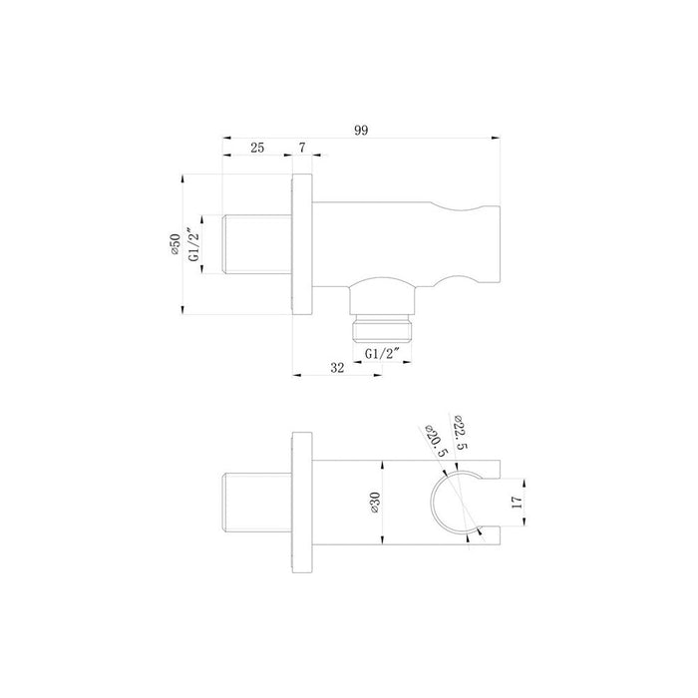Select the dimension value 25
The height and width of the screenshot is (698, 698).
pyautogui.click(x=257, y=148)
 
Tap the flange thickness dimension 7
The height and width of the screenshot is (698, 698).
pyautogui.click(x=302, y=148)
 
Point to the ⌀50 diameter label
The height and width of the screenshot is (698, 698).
pyautogui.click(x=174, y=246)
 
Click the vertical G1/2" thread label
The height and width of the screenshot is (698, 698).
pyautogui.click(x=195, y=246)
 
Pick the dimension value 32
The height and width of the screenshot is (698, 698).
pyautogui.click(x=336, y=368)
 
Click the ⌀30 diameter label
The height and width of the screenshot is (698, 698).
pyautogui.click(x=373, y=502)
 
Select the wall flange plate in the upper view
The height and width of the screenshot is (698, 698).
pyautogui.click(x=303, y=246)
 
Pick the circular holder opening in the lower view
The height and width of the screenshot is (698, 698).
pyautogui.click(x=454, y=503)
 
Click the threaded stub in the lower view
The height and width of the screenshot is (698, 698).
pyautogui.click(x=256, y=503)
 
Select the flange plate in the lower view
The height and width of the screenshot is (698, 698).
pyautogui.click(x=303, y=503)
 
